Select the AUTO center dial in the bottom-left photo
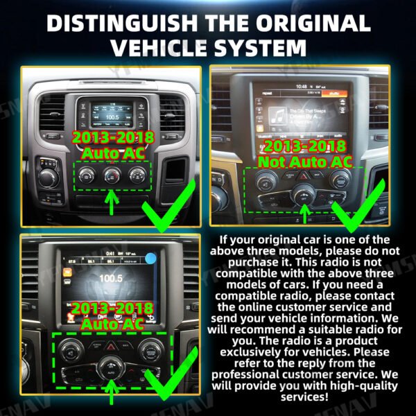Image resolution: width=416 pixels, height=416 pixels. pyautogui.click(x=110, y=367)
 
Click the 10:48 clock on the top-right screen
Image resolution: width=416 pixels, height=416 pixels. pyautogui.click(x=301, y=87)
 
